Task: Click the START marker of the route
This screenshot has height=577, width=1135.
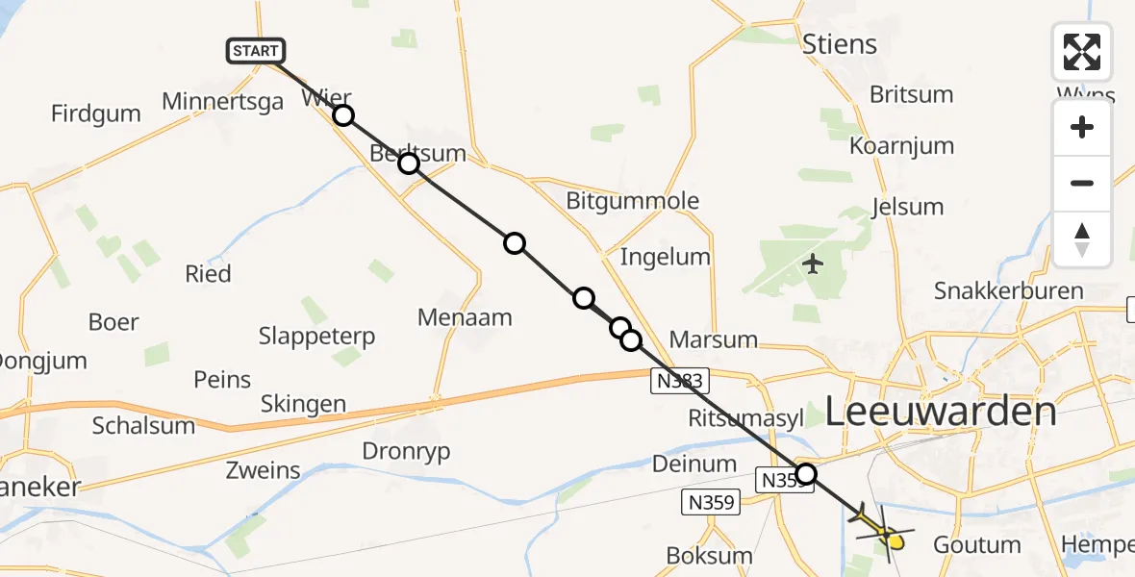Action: click(x=256, y=51)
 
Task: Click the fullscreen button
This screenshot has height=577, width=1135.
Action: click(x=1082, y=52)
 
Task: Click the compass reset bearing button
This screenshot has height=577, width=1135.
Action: click(x=1082, y=239)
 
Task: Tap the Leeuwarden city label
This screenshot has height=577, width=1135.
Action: click(x=941, y=413)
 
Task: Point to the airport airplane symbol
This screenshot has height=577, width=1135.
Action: click(x=814, y=263)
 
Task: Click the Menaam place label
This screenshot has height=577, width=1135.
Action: click(x=466, y=317)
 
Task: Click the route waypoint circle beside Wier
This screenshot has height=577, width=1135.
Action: click(x=343, y=116)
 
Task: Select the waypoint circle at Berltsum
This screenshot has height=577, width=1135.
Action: click(x=409, y=163)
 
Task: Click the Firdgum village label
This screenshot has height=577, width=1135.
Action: click(x=96, y=113)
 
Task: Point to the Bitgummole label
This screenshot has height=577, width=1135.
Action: click(x=632, y=202)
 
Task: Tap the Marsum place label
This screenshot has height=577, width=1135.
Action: click(x=713, y=340)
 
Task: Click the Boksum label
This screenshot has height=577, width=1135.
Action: click(x=710, y=556)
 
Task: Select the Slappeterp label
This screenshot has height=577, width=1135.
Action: click(x=316, y=337)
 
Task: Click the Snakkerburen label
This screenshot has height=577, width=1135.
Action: click(x=1008, y=290)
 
